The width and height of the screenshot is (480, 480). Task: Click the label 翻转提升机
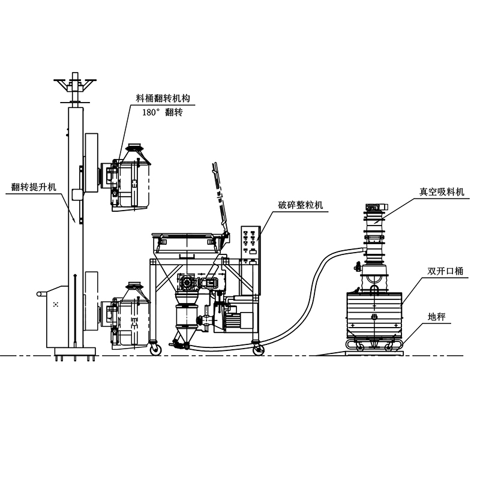click(34, 187)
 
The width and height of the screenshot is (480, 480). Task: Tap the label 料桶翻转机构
click(163, 98)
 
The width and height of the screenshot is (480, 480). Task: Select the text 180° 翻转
click(163, 112)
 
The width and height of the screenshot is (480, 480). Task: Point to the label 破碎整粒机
click(301, 205)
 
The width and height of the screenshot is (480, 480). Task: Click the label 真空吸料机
click(442, 191)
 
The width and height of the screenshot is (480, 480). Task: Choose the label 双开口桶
click(445, 271)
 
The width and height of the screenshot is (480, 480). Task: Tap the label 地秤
click(437, 317)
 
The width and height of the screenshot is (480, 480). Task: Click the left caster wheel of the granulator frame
click(156, 349)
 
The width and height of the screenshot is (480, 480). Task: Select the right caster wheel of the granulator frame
click(259, 349)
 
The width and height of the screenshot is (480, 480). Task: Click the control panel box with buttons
click(251, 244)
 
